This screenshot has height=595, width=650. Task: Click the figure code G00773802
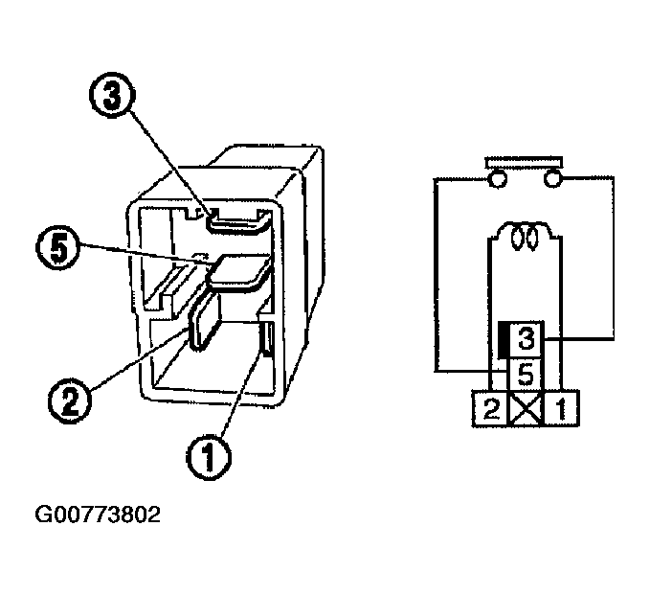point(98,515)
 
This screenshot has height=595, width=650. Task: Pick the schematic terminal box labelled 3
point(526,338)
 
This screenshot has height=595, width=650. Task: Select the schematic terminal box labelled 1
point(561,409)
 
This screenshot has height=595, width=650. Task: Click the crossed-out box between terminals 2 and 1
point(526,409)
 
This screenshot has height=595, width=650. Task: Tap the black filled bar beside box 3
point(502,337)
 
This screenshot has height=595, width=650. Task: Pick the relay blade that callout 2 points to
point(204,321)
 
